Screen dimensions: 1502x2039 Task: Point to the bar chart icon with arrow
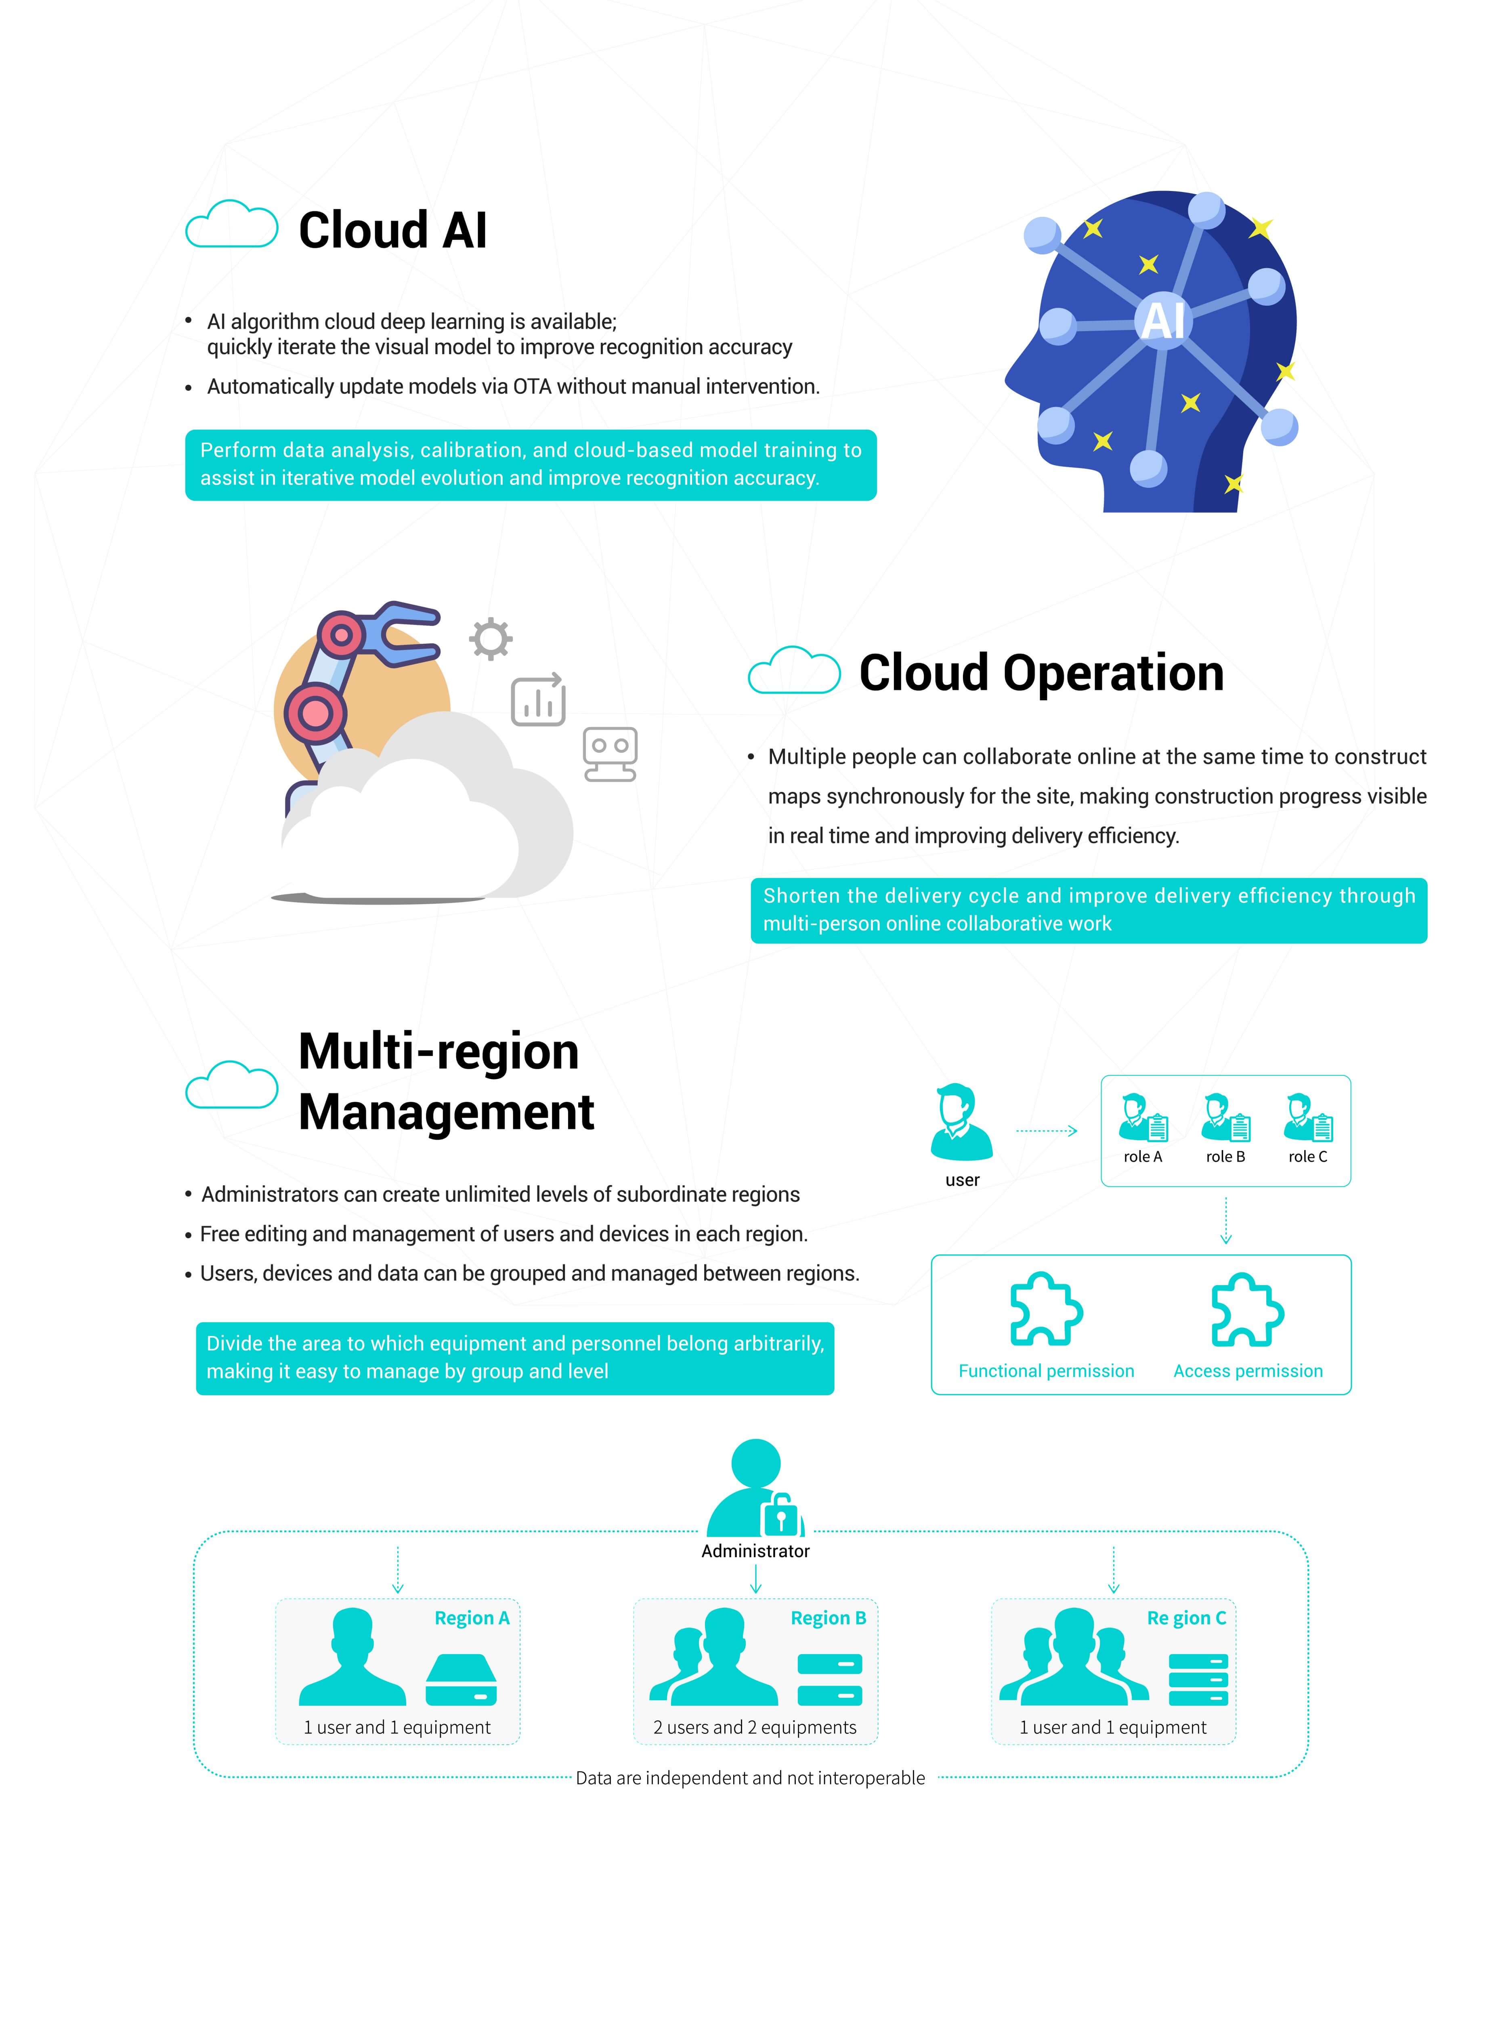tap(538, 700)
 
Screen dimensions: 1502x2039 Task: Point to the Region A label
tap(472, 1618)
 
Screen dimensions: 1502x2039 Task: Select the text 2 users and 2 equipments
tap(755, 1727)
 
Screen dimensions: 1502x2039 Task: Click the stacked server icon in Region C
tap(1198, 1680)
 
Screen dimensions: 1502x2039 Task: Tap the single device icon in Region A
tap(461, 1680)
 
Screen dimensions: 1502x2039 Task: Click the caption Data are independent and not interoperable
tap(750, 1778)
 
